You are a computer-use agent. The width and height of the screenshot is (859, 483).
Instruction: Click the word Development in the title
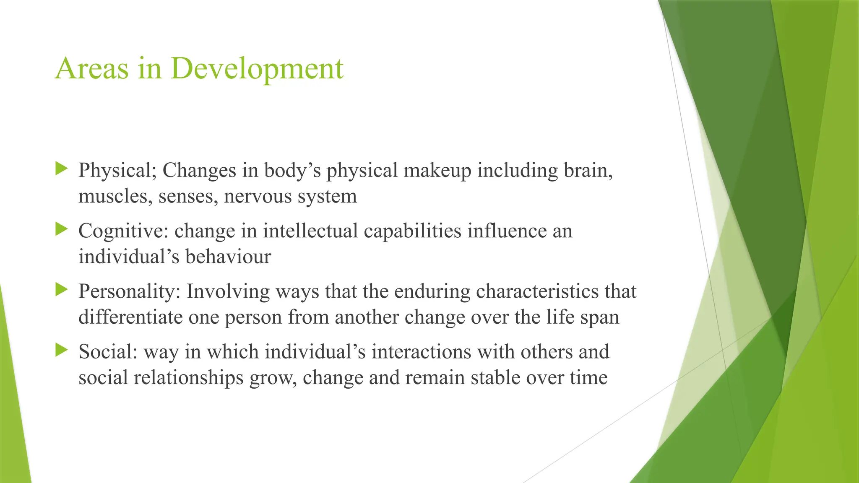pyautogui.click(x=257, y=68)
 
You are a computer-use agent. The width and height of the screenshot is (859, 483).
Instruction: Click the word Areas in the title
pyautogui.click(x=91, y=68)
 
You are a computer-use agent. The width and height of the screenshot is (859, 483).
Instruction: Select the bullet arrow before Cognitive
pyautogui.click(x=61, y=229)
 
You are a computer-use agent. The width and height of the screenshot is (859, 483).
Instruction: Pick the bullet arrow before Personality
pyautogui.click(x=61, y=290)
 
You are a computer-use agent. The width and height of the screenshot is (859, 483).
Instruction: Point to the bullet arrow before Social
pyautogui.click(x=61, y=350)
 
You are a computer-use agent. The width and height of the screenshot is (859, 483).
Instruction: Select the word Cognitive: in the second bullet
pyautogui.click(x=123, y=231)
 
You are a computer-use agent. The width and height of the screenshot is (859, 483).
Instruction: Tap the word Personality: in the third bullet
pyautogui.click(x=129, y=291)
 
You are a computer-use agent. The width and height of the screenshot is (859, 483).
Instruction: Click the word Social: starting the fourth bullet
pyautogui.click(x=108, y=352)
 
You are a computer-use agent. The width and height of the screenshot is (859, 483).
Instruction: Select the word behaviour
pyautogui.click(x=228, y=257)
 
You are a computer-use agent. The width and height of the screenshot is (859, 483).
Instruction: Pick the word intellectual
pyautogui.click(x=310, y=231)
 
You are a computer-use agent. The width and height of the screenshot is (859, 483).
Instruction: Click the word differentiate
pyautogui.click(x=130, y=317)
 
